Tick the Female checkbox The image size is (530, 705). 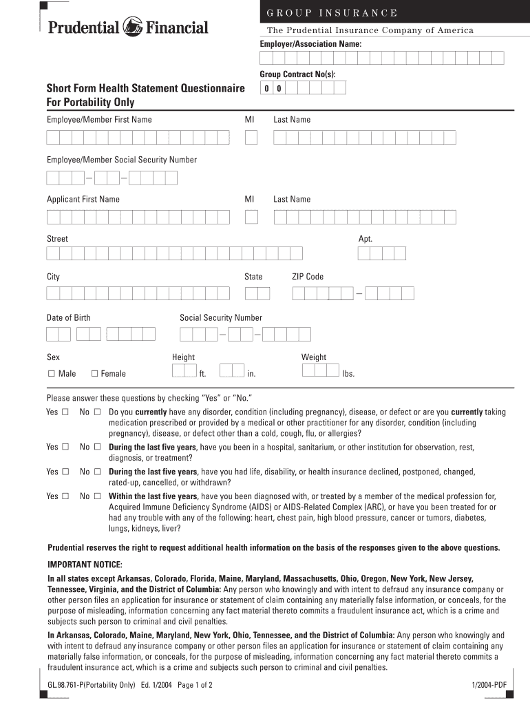95,374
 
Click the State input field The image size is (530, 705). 257,294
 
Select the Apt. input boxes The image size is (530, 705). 381,253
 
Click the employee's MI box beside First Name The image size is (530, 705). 251,138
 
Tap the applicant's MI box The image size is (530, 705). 251,217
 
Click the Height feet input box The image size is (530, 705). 184,371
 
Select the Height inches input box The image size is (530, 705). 232,371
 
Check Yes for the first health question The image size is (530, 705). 65,412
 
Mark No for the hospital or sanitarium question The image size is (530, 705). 97,448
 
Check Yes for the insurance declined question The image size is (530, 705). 65,472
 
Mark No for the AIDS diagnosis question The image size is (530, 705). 97,496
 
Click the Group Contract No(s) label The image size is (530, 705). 297,74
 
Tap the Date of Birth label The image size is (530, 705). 68,318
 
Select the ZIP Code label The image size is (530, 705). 307,277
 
